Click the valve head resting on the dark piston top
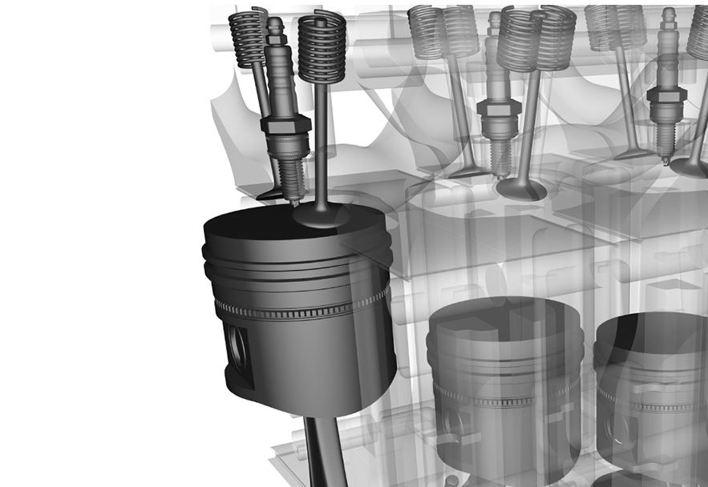coord(321,214)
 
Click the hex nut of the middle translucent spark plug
coord(498,108)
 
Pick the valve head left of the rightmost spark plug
coord(633,152)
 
